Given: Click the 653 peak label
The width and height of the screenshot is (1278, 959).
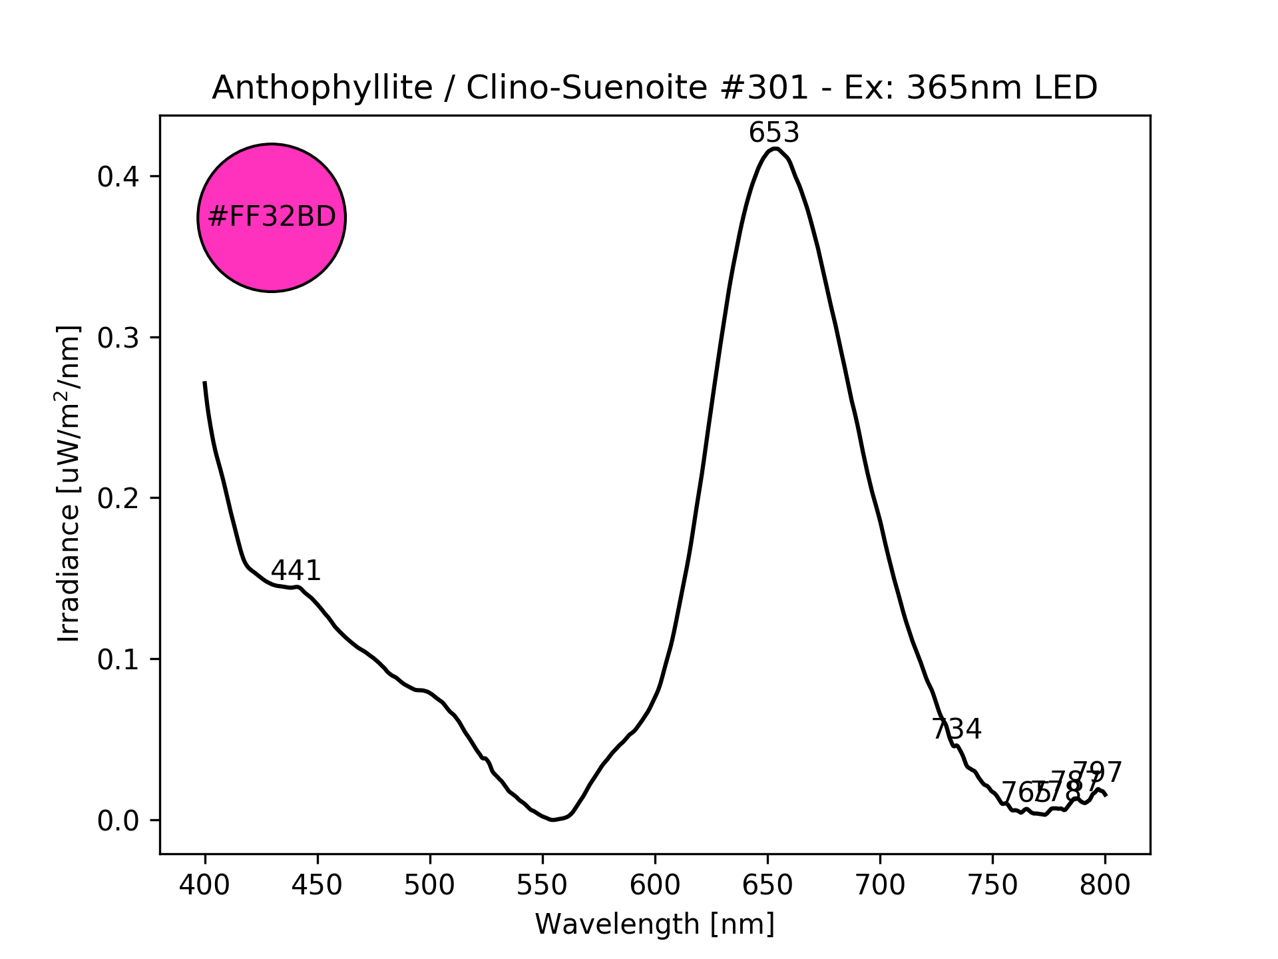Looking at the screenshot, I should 773,133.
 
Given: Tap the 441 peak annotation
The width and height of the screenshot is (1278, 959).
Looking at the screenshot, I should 296,571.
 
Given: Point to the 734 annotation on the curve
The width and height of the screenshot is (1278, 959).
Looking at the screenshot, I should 957,729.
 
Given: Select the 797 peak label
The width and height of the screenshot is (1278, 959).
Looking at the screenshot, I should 1098,773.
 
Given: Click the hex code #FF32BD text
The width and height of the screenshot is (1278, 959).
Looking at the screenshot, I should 272,218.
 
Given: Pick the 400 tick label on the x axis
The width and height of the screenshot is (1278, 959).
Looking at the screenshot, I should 205,885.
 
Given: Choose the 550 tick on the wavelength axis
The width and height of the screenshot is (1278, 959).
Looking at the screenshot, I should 542,885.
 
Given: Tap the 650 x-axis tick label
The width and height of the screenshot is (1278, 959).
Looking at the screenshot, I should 767,885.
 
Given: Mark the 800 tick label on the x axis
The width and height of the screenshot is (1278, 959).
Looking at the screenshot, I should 1105,885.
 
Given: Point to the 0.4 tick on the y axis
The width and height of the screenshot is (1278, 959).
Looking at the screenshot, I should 118,177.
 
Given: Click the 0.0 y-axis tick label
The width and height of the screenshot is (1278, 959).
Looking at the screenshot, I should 118,821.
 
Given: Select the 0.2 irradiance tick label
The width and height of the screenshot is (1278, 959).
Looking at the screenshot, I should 118,499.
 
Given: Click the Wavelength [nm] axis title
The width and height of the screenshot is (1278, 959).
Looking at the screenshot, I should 655,924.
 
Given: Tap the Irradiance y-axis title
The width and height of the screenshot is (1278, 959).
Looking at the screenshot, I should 69,484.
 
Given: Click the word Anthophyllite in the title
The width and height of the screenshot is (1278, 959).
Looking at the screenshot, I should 322,88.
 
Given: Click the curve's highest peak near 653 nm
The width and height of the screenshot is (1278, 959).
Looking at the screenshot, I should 774,149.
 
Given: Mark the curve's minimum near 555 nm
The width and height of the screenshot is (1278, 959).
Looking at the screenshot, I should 552,820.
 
